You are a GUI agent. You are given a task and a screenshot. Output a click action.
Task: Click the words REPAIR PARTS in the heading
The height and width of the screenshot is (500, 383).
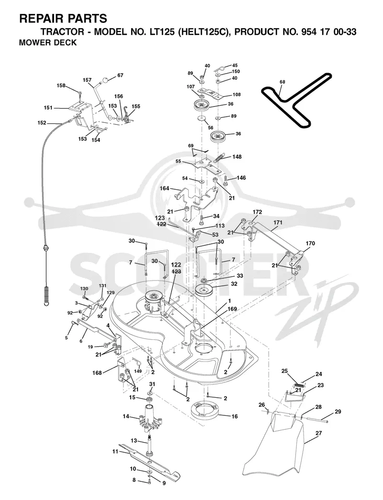63,19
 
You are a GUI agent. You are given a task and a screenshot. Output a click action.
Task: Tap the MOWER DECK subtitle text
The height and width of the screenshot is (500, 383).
48,43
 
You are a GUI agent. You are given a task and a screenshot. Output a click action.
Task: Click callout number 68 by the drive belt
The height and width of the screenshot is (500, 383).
282,82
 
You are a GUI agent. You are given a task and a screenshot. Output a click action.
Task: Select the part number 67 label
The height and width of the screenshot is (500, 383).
120,76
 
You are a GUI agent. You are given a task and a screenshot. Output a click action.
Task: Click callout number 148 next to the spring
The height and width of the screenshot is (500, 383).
237,157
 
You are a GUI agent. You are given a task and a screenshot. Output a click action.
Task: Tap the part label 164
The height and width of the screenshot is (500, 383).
164,188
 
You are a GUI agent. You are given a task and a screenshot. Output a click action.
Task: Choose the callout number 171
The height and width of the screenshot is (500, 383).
278,222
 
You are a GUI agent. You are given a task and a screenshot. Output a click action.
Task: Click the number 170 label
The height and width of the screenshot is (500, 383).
310,243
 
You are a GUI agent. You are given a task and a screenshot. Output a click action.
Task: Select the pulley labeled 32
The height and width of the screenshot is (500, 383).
206,290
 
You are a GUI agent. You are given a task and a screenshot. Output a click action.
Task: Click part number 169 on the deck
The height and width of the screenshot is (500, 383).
232,309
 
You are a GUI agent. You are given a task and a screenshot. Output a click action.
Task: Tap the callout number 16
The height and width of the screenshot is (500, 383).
235,416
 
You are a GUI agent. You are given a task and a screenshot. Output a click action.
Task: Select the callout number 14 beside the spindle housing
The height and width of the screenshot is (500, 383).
126,416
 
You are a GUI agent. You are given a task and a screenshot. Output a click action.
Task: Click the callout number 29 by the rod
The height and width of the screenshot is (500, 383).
338,412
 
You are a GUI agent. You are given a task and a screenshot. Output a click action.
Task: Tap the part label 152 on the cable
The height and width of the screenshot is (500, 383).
42,123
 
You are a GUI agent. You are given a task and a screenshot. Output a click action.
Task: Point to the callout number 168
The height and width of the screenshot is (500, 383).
97,373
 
